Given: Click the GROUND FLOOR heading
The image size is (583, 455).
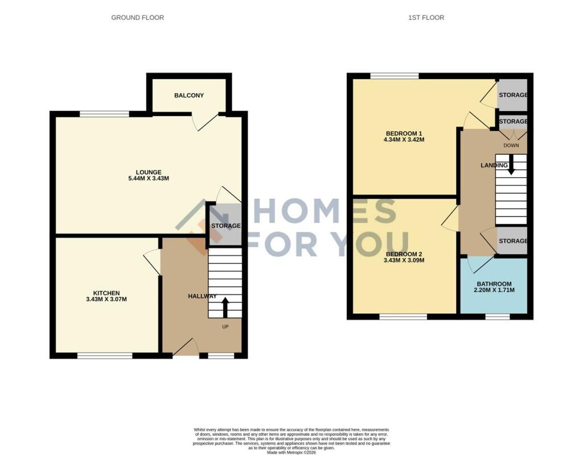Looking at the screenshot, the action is (138, 18).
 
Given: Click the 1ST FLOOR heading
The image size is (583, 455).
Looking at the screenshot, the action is (426, 18).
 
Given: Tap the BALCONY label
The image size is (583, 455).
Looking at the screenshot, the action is (189, 96).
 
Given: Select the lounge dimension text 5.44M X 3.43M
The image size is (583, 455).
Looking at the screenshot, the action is (149, 179).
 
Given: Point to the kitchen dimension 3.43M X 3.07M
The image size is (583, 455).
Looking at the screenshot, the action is (106, 299).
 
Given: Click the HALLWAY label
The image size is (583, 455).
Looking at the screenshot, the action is (202, 297).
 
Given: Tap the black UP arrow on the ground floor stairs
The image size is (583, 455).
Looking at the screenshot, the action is (225, 308).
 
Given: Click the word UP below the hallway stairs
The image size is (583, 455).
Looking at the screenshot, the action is (225, 327).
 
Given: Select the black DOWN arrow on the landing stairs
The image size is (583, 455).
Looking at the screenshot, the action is (511, 165).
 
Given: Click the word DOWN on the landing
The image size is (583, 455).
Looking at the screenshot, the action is (511, 145).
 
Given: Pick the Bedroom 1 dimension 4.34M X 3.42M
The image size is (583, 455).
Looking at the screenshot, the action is (404, 140).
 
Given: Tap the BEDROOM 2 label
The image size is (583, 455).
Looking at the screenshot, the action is (404, 255).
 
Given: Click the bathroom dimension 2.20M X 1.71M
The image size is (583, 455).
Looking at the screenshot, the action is (494, 290).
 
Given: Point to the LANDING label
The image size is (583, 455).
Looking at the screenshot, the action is (494, 166).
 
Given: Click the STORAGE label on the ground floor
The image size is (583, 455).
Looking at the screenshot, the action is (226, 226).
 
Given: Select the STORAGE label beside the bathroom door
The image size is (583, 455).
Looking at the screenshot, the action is (513, 241).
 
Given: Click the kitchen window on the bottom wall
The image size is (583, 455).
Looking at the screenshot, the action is (105, 356).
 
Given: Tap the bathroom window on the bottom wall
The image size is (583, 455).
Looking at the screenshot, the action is (498, 317).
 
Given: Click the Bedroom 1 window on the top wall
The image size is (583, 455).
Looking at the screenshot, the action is (395, 76).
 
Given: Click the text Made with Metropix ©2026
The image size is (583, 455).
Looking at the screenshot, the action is (291, 453).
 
